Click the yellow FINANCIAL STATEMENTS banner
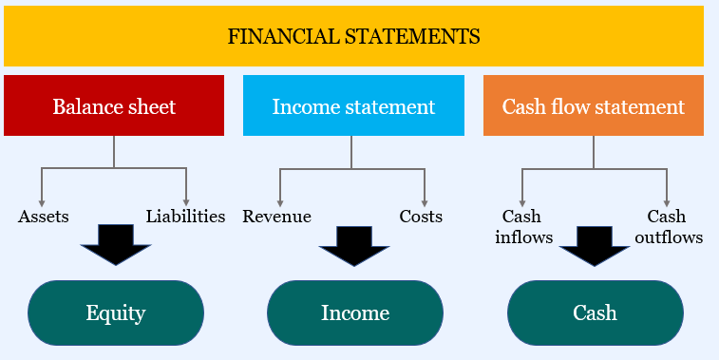[353, 37]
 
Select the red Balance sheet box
[114, 105]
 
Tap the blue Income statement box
[353, 105]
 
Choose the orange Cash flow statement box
[594, 105]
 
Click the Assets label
[44, 217]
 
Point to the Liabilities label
[185, 217]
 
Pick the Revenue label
[276, 217]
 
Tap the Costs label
[421, 217]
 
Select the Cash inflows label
[523, 227]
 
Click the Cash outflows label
[669, 227]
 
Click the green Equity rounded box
[115, 313]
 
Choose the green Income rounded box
[354, 313]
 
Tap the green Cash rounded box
[595, 313]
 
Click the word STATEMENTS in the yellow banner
[422, 37]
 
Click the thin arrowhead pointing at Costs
[424, 200]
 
